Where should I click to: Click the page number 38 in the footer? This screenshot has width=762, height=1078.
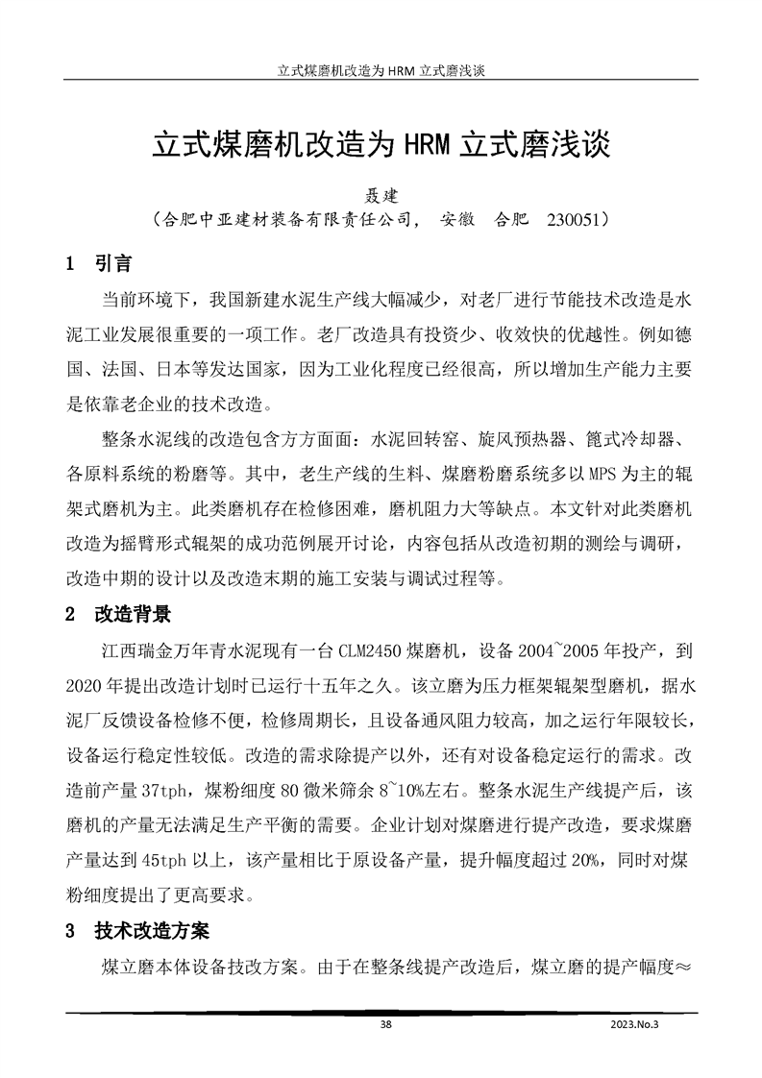point(385,1025)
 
